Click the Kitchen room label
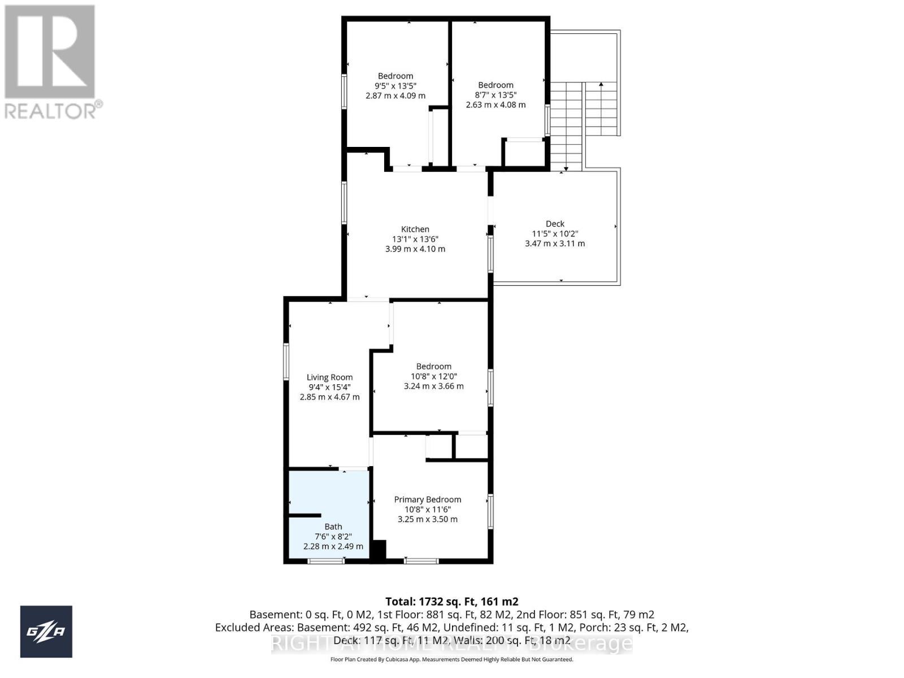tap(415, 229)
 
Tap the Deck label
tap(555, 224)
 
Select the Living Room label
tap(329, 377)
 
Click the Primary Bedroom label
tap(427, 499)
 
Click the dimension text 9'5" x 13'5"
tap(395, 86)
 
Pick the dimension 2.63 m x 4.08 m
tap(496, 105)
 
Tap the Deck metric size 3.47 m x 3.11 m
tap(555, 244)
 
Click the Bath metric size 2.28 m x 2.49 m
tap(333, 546)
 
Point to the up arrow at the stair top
tap(601, 85)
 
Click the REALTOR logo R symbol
tap(50, 52)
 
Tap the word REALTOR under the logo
tap(51, 110)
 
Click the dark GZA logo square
tap(46, 632)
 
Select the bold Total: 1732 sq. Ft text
tap(451, 602)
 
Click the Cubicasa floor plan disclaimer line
tap(451, 659)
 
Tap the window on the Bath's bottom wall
tap(326, 561)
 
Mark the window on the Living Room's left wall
tap(286, 365)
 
